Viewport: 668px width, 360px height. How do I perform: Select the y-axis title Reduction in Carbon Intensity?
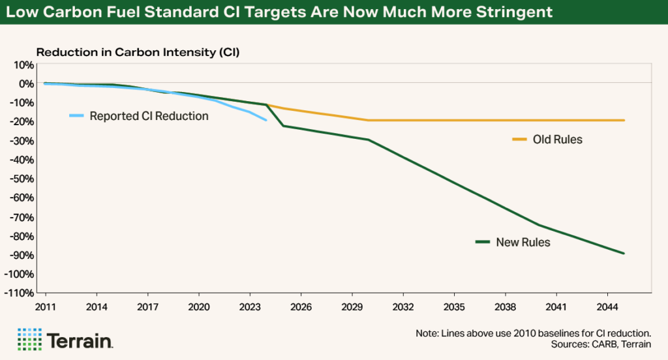pyautogui.click(x=138, y=52)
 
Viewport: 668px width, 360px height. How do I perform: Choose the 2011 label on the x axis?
pyautogui.click(x=45, y=306)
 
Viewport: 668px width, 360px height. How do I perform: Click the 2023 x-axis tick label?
pyautogui.click(x=249, y=306)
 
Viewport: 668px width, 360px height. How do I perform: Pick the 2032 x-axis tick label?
pyautogui.click(x=402, y=306)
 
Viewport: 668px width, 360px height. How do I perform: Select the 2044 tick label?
pyautogui.click(x=607, y=306)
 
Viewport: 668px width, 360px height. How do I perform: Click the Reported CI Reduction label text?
pyautogui.click(x=149, y=116)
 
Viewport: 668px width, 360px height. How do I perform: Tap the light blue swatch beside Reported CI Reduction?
pyautogui.click(x=77, y=116)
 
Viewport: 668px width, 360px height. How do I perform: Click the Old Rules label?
pyautogui.click(x=557, y=140)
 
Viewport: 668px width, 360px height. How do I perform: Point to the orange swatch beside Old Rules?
pyautogui.click(x=519, y=140)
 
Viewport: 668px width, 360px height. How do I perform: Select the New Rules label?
pyautogui.click(x=523, y=243)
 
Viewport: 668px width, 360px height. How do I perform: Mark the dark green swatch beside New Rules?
pyautogui.click(x=483, y=243)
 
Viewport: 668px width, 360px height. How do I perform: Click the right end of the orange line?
pyautogui.click(x=624, y=120)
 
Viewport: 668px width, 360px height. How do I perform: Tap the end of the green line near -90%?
pyautogui.click(x=624, y=253)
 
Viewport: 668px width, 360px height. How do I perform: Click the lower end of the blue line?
pyautogui.click(x=266, y=120)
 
